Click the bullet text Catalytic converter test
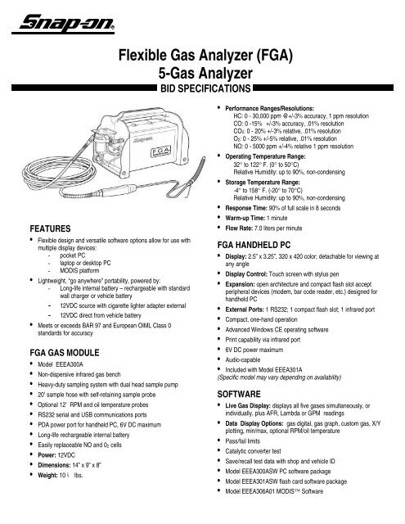coord(264,464)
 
